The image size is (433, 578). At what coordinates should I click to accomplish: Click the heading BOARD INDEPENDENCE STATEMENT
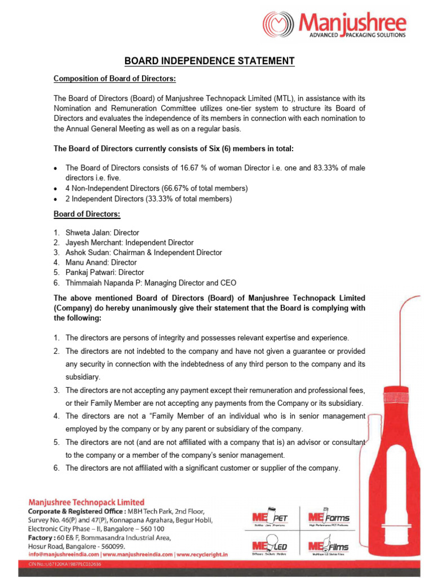point(210,61)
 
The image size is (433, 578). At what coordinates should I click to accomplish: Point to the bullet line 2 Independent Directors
point(149,198)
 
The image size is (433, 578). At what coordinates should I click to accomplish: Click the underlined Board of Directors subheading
point(87,214)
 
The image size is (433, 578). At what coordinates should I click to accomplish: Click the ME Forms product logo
point(329,518)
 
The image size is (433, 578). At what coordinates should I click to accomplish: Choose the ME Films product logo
point(329,547)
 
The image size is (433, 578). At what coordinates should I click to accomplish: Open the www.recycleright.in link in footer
point(202,555)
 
